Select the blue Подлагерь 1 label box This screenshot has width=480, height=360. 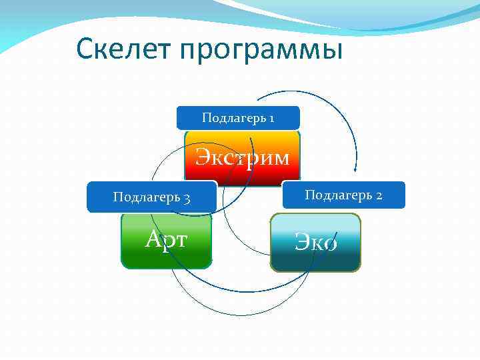pyautogui.click(x=238, y=118)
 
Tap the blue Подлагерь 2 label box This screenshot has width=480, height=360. pyautogui.click(x=343, y=195)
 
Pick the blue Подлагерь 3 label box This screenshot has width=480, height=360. pyautogui.click(x=152, y=197)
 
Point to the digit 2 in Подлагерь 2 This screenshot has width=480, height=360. pyautogui.click(x=378, y=195)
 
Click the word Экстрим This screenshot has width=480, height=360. pyautogui.click(x=242, y=158)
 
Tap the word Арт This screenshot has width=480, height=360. pyautogui.click(x=166, y=239)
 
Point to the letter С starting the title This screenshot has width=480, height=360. pyautogui.click(x=85, y=49)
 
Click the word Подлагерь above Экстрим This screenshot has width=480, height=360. pyautogui.click(x=232, y=119)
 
